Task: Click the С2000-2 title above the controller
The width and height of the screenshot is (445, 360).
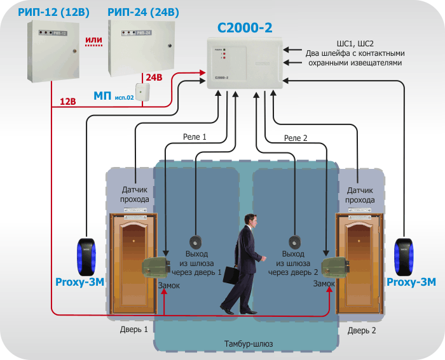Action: pos(245,28)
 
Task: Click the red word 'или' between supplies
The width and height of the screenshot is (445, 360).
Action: pos(93,40)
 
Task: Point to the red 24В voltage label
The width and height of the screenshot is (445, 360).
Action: pos(154,77)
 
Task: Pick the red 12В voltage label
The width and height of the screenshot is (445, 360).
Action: pos(67,101)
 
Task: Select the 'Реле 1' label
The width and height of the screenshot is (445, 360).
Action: pos(195,137)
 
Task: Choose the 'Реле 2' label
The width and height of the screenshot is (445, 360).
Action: pos(296,138)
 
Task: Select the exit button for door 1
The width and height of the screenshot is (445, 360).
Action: pos(196,243)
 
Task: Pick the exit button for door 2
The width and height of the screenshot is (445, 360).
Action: pos(295,243)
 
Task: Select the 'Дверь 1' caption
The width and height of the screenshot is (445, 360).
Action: pos(133,330)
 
